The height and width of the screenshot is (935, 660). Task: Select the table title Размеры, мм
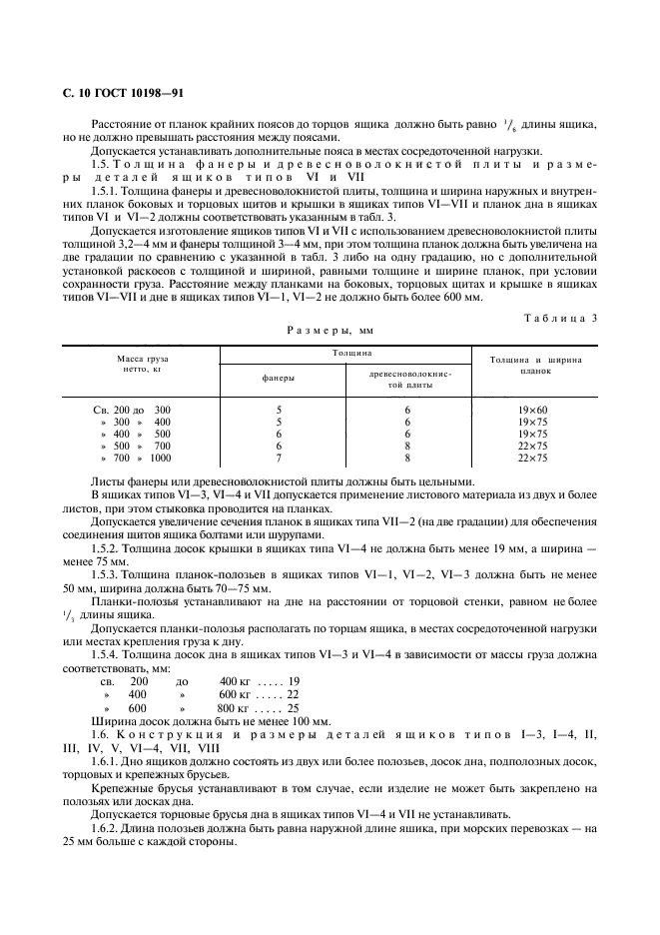[330, 331]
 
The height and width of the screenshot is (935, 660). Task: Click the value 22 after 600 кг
[292, 693]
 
